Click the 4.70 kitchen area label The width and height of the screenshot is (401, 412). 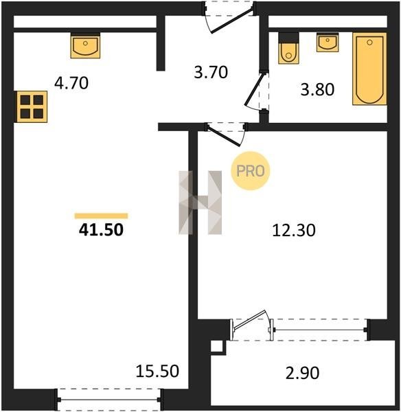tap(71, 83)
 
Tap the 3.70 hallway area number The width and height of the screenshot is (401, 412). tap(211, 72)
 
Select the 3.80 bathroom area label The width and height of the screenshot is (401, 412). tap(317, 89)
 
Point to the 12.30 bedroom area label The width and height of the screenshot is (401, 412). tap(294, 231)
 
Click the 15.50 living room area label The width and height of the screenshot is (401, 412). tap(157, 371)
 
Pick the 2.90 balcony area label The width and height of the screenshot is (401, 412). tap(302, 373)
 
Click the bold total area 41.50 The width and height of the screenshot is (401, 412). tap(101, 229)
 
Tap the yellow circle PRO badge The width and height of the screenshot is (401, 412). tap(251, 171)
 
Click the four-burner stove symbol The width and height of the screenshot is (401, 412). tap(32, 106)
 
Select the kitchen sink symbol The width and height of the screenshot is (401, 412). tap(85, 47)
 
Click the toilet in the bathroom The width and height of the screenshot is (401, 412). tap(288, 48)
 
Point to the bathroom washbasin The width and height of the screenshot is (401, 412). tap(328, 42)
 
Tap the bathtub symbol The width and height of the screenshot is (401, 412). tap(369, 69)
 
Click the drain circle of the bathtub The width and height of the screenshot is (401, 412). tap(369, 43)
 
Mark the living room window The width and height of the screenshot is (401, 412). tap(109, 400)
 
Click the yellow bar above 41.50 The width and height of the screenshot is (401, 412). tap(101, 216)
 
